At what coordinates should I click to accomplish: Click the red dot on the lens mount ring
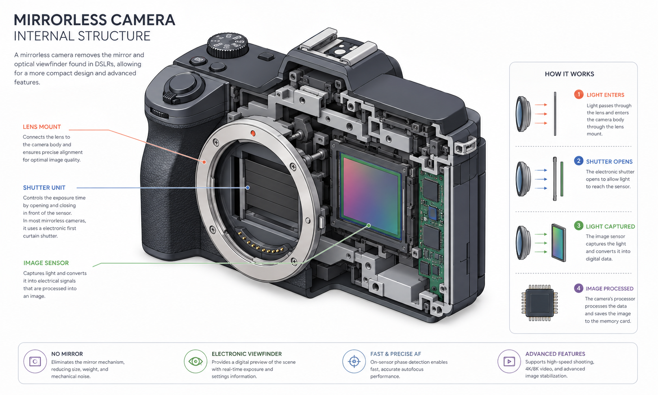(x=253, y=133)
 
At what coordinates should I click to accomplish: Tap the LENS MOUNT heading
(x=42, y=127)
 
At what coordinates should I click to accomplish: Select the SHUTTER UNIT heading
(x=44, y=188)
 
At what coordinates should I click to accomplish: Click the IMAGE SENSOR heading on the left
(x=46, y=263)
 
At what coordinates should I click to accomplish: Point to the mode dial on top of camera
(x=228, y=45)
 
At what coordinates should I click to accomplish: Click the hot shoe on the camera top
(x=338, y=47)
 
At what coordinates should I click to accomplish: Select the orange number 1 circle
(x=579, y=94)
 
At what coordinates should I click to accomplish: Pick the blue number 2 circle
(x=579, y=161)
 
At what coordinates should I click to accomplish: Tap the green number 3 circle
(x=579, y=226)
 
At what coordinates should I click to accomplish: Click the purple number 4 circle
(x=579, y=288)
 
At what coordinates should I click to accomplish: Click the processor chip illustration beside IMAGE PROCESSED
(x=540, y=303)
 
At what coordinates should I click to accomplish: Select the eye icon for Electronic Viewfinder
(x=195, y=361)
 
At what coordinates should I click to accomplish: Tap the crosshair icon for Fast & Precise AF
(x=354, y=361)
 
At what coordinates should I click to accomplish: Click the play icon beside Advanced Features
(x=509, y=361)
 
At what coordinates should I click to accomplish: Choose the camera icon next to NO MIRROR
(x=35, y=361)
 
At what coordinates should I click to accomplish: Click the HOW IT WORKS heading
(x=569, y=74)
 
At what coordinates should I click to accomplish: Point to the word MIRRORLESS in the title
(x=60, y=20)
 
